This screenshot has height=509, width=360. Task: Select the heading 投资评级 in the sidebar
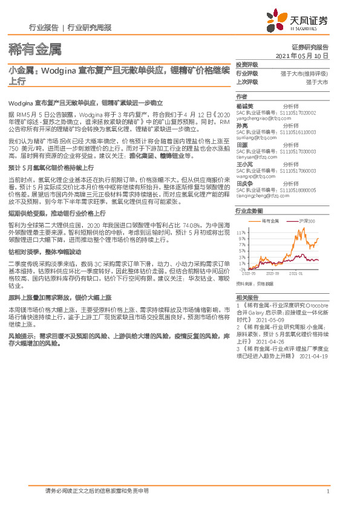tap(247, 65)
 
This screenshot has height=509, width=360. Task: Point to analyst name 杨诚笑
tap(244, 106)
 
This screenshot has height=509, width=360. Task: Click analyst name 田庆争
tap(244, 184)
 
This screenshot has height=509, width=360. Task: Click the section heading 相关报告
tap(246, 297)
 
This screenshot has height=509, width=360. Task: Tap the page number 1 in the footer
tap(327, 491)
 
